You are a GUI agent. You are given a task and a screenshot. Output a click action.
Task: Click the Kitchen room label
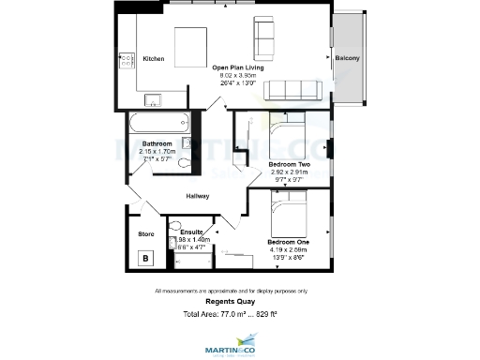click(154, 59)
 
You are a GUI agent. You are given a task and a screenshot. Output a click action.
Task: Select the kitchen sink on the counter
click(152, 99)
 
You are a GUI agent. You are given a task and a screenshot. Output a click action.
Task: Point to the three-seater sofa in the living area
click(293, 91)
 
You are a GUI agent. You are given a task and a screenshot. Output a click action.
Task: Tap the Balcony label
click(347, 59)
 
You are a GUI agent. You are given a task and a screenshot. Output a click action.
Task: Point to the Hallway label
click(197, 196)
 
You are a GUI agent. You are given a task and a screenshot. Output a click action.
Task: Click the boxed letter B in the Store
click(145, 258)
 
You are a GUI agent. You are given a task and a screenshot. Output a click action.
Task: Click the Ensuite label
click(192, 232)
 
